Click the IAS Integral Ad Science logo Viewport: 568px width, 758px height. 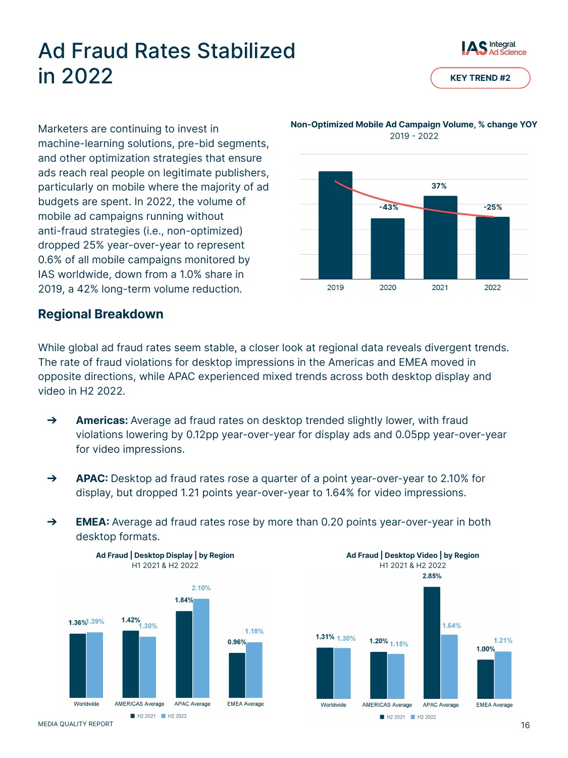click(x=493, y=48)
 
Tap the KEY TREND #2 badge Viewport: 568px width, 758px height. click(x=480, y=78)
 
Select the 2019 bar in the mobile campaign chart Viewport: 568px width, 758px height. click(x=335, y=225)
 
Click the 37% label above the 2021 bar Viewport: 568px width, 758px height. click(x=439, y=186)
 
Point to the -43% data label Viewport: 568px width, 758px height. click(x=388, y=207)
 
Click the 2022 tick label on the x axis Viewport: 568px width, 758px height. click(x=492, y=288)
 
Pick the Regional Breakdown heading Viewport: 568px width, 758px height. click(x=100, y=314)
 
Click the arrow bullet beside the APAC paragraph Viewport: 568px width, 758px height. click(x=51, y=478)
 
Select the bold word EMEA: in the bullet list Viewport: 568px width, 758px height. click(x=92, y=522)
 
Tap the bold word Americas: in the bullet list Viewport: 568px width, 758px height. click(x=102, y=420)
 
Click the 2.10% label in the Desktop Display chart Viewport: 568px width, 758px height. click(x=201, y=588)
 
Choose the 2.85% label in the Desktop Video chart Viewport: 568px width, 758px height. click(x=432, y=576)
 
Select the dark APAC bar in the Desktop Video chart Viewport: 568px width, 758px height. click(x=432, y=643)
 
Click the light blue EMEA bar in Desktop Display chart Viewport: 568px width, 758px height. click(x=254, y=670)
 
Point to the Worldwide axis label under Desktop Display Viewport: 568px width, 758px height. click(x=86, y=704)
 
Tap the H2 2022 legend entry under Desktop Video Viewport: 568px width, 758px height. click(x=424, y=717)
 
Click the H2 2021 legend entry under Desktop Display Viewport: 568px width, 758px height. click(x=143, y=716)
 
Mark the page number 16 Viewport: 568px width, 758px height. click(x=525, y=725)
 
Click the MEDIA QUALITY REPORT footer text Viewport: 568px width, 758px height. click(x=76, y=724)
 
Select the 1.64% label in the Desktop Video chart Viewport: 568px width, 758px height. click(x=451, y=626)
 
